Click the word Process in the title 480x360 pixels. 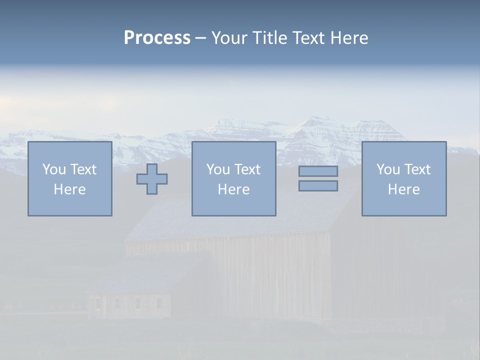tap(157, 38)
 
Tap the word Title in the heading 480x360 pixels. tap(268, 38)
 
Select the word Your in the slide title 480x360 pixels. tap(229, 38)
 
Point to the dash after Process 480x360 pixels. tap(201, 38)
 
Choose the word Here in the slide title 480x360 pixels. tap(349, 38)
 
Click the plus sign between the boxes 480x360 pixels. tap(152, 178)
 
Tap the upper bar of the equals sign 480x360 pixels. tap(318, 171)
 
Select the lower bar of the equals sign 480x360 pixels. tap(318, 185)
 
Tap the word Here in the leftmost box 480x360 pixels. tap(69, 189)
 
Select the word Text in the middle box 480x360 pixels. tap(247, 169)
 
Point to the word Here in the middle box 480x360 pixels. tap(233, 189)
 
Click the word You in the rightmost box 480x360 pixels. tap(388, 169)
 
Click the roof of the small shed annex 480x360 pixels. tap(145, 272)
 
